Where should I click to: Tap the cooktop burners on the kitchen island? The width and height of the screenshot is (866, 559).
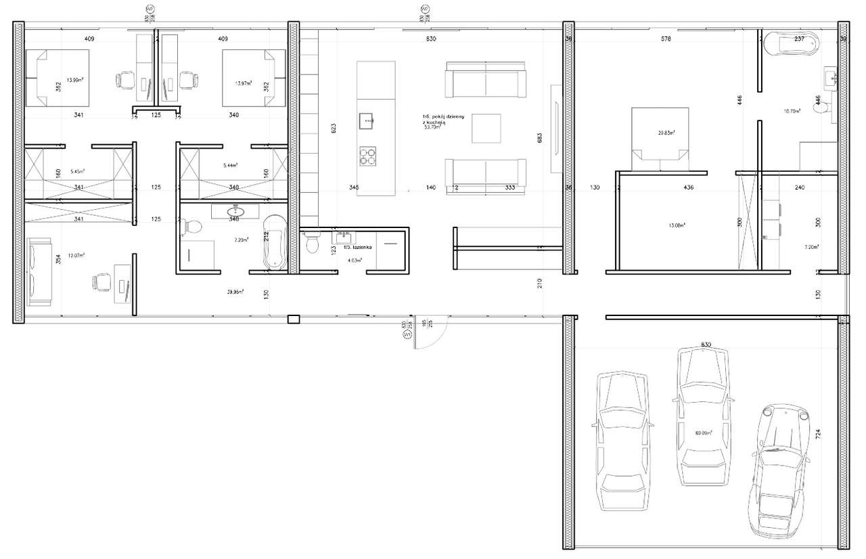367,156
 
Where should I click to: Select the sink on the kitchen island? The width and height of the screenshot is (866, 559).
367,121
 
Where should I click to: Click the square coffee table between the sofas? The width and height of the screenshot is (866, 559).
486,129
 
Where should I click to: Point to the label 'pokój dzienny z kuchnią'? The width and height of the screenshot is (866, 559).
442,120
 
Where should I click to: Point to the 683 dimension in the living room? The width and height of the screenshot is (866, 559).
539,138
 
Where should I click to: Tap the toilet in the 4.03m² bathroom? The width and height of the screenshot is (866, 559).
313,242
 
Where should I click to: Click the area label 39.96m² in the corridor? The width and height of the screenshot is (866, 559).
235,292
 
